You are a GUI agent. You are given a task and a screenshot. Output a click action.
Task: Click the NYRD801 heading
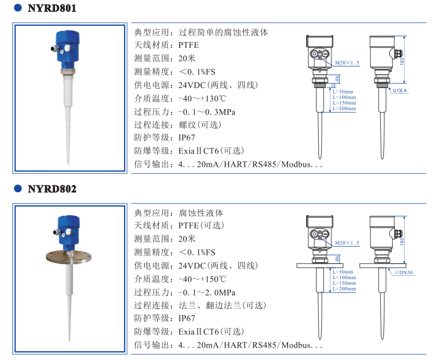(52, 9)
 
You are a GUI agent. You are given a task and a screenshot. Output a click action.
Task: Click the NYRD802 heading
(52, 189)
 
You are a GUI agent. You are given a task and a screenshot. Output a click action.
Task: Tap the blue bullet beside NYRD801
(18, 9)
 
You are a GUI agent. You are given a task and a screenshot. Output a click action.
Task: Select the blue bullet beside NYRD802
(18, 189)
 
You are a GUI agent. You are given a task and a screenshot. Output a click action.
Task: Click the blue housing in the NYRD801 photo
(66, 49)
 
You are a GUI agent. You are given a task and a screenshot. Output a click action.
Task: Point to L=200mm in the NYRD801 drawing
(344, 108)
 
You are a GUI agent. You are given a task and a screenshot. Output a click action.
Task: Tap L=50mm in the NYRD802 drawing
(342, 272)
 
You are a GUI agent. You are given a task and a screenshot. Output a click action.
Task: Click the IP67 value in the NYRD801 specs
(187, 138)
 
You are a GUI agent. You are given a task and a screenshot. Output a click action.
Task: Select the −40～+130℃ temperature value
(202, 98)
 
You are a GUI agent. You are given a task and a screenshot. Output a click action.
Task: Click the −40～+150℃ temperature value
(202, 279)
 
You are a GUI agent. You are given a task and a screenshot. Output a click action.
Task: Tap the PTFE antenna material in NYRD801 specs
(188, 45)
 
